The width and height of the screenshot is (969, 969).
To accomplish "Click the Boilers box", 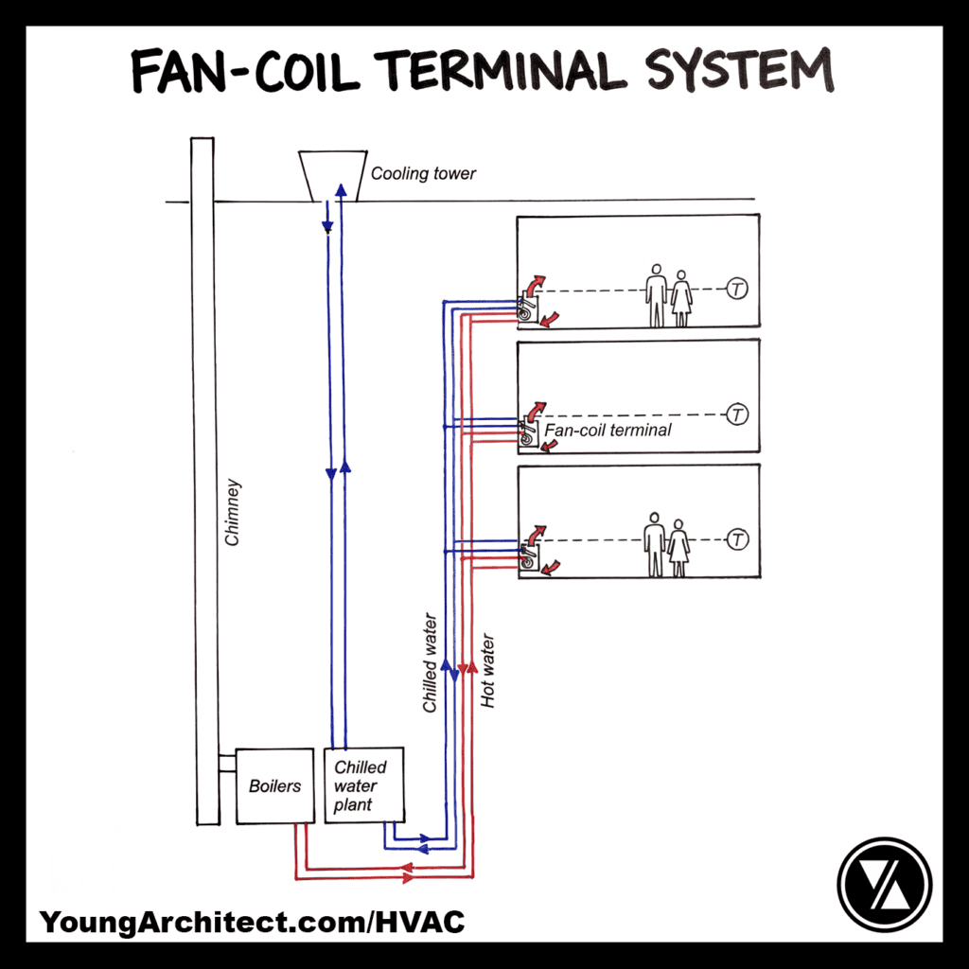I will pos(274,785).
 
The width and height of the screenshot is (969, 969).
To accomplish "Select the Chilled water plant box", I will pos(364,785).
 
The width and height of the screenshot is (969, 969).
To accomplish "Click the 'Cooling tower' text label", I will pos(423,174).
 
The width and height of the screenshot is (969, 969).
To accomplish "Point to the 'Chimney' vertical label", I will pos(234,512).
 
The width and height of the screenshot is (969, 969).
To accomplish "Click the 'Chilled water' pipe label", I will pos(431,662).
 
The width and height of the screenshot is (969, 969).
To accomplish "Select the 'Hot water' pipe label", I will pos(488,671).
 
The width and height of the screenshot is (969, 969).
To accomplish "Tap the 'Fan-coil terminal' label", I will pos(608,430).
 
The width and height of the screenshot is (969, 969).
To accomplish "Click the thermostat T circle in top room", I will pos(737,290).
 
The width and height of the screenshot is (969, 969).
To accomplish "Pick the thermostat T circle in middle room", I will pos(737,414).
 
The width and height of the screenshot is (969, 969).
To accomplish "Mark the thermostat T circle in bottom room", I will pos(737,539).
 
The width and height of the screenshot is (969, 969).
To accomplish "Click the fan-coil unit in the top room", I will pos(527,308).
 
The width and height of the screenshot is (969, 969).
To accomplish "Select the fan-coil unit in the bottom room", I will pos(527,558).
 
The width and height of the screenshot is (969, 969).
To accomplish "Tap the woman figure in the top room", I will pos(681,298).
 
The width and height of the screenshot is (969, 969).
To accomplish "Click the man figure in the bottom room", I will pos(654,544).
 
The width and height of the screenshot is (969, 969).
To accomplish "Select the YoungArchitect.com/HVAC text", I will pos(252,921).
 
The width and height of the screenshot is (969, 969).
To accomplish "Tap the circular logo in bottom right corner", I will pos(885,885).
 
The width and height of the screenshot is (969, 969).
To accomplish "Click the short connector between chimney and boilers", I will pos(226,763).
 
